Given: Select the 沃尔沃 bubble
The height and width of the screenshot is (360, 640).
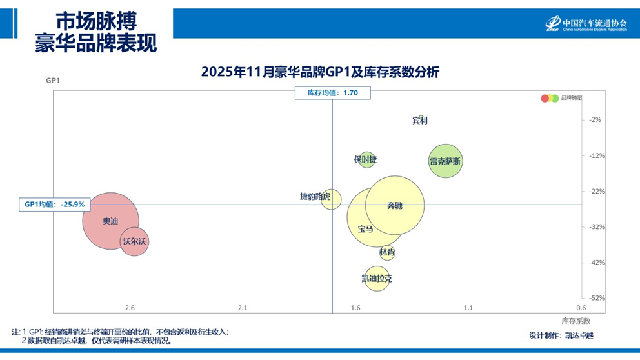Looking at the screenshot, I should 135,242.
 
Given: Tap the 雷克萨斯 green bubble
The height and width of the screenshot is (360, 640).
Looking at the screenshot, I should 445,161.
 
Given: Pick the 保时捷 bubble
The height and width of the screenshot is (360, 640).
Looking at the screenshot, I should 366,159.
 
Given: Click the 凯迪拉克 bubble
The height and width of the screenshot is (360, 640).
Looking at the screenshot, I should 377,279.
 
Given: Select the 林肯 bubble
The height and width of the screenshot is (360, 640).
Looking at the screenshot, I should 387,252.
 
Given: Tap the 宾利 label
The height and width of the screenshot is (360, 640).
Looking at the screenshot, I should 420,120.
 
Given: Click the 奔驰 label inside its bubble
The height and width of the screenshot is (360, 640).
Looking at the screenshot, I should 395,205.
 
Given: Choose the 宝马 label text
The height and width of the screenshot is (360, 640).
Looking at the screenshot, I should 365,228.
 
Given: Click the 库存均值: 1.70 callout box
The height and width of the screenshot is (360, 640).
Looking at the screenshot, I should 332,93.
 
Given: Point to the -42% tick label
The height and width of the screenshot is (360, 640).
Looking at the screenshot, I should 595,262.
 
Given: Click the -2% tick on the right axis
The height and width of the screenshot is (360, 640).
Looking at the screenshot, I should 595,119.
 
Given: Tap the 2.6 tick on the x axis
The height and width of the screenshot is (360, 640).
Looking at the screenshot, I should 130,308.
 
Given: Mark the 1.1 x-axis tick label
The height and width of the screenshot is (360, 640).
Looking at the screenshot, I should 468,308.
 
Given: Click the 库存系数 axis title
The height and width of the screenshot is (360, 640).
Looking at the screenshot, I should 575,320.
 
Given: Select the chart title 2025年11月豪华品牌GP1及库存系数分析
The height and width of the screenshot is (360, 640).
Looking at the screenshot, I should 320,72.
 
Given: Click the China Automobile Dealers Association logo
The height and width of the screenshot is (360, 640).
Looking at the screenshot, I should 586,24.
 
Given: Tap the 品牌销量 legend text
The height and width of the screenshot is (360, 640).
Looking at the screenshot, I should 571,98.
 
